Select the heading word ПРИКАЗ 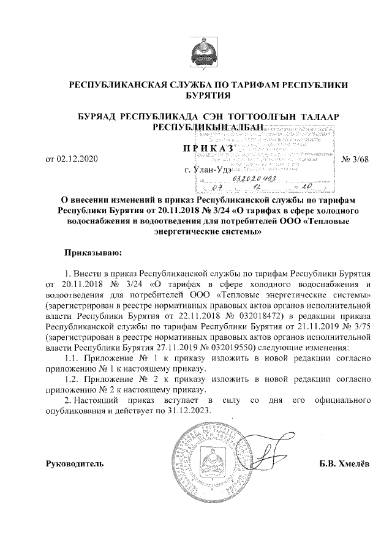click(208, 148)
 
